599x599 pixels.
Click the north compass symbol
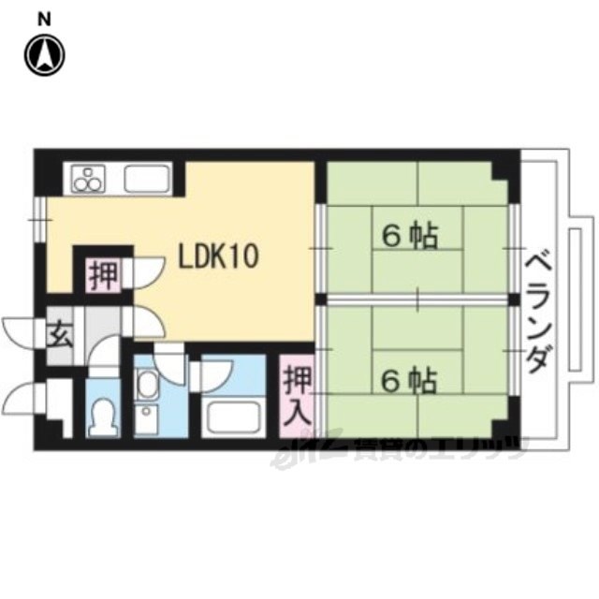(45, 55)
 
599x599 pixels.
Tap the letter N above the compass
(45, 20)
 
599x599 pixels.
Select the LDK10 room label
(219, 256)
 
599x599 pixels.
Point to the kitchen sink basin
(148, 179)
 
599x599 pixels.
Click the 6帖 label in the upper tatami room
(410, 236)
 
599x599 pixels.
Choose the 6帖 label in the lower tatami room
(410, 381)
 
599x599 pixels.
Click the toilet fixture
(102, 417)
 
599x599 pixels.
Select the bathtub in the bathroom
(233, 417)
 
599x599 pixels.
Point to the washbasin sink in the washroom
(148, 384)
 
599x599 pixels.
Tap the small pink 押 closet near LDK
(103, 275)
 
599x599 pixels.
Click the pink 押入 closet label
(298, 396)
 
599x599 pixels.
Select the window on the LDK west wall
(40, 220)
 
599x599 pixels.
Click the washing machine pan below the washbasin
(147, 419)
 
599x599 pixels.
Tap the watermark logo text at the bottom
(397, 451)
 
